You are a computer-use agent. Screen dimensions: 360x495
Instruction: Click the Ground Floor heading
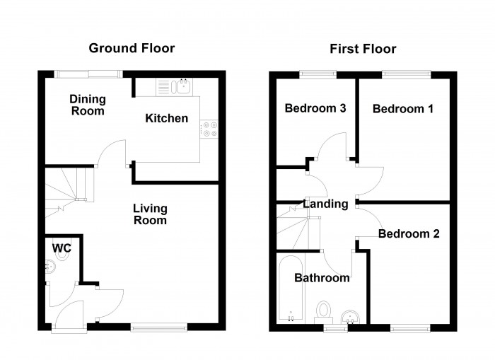(132, 49)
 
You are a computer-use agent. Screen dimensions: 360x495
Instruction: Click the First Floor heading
(363, 49)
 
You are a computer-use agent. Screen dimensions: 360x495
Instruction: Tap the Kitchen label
(167, 118)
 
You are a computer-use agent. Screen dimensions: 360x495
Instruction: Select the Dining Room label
(87, 105)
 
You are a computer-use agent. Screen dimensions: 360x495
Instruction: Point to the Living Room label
(151, 214)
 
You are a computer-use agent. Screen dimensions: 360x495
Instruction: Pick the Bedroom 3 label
(315, 108)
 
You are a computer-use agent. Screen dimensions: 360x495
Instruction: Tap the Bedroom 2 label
(409, 233)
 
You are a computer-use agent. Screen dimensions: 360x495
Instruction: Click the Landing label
(325, 204)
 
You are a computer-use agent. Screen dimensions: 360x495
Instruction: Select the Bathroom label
(322, 278)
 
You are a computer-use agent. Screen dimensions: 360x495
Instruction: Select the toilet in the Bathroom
(324, 311)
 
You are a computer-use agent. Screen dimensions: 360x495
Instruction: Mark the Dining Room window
(88, 74)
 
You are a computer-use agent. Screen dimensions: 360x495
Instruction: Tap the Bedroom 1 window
(407, 74)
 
